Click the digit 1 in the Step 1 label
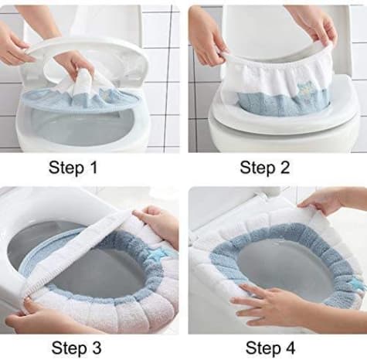[93, 167]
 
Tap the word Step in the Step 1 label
[66, 168]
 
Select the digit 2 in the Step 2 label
[284, 168]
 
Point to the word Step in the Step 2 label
[257, 168]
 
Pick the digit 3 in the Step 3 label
[95, 348]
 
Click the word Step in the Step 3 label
[70, 348]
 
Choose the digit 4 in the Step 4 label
[289, 348]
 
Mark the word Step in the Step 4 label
[263, 348]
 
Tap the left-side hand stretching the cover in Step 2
[209, 36]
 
